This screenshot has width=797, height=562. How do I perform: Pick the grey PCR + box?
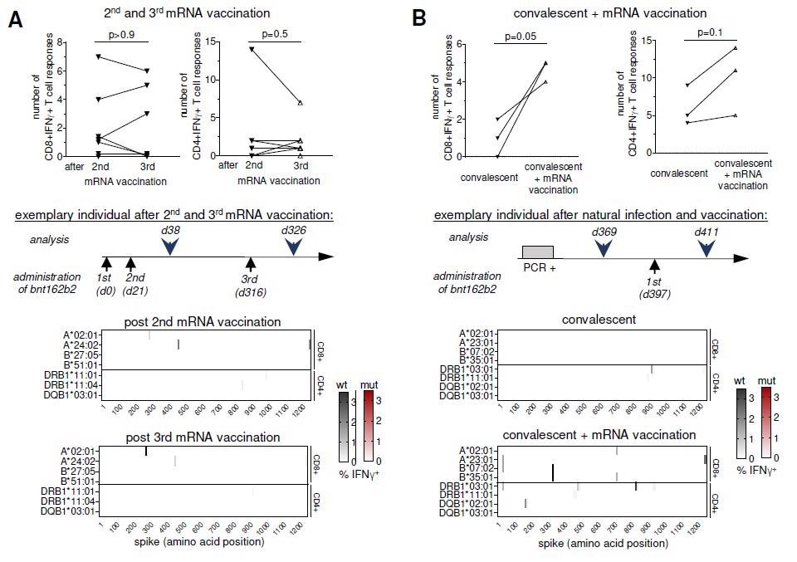[x=537, y=252]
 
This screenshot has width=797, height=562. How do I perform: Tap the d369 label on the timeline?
[x=604, y=231]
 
